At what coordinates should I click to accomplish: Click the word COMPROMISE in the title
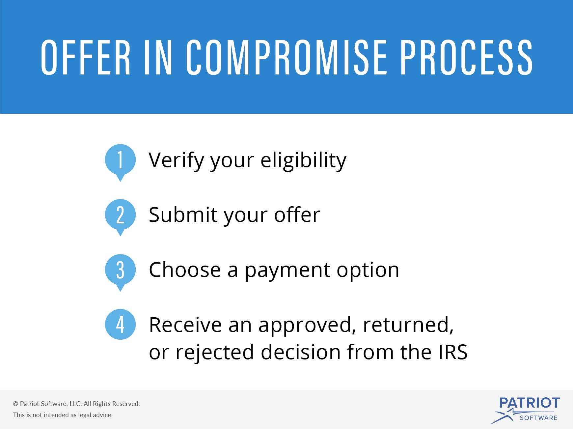[286, 57]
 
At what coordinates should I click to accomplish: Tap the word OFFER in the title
[86, 57]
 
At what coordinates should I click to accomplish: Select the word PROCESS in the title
[466, 57]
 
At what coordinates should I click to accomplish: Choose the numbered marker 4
[120, 324]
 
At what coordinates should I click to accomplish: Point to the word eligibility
[303, 161]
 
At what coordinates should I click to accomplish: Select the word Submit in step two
[183, 215]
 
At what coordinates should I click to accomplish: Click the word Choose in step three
[185, 270]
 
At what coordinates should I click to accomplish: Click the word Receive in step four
[185, 325]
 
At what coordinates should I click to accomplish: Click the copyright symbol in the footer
[15, 404]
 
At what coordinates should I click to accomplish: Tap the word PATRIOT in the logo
[530, 403]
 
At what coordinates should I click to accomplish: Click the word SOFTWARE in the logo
[538, 418]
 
